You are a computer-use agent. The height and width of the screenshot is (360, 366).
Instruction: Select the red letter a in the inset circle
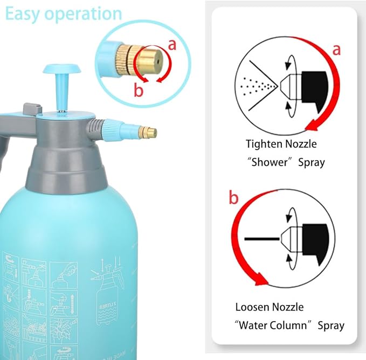pyautogui.click(x=172, y=45)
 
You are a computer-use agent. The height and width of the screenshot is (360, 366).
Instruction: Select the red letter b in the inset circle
pyautogui.click(x=139, y=91)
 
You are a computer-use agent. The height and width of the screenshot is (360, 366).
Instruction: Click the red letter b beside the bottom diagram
pyautogui.click(x=233, y=198)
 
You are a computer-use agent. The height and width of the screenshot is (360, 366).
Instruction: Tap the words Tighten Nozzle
pyautogui.click(x=281, y=144)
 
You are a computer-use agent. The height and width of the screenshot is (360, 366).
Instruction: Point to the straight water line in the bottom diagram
pyautogui.click(x=261, y=238)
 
